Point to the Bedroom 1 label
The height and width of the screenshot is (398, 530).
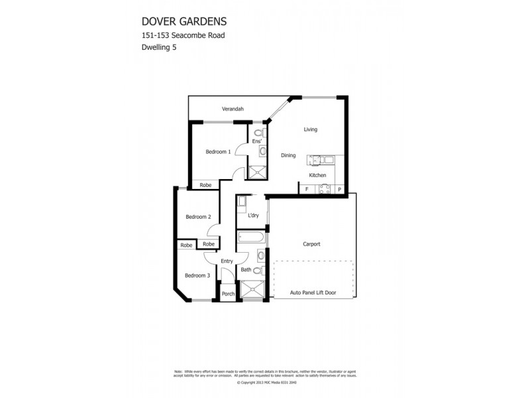(x=218, y=152)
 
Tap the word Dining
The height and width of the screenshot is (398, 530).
(x=288, y=155)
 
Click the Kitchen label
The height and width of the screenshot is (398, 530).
(x=317, y=175)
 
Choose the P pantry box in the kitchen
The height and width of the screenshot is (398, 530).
(x=340, y=190)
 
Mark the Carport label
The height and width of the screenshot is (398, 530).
(x=311, y=244)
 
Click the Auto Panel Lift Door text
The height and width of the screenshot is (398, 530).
(x=313, y=292)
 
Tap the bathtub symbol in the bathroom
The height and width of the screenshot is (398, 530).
(x=251, y=237)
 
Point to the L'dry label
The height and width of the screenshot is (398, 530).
(x=253, y=216)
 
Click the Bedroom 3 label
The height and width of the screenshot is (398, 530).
(x=197, y=275)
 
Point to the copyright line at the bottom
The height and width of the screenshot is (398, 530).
(x=264, y=383)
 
